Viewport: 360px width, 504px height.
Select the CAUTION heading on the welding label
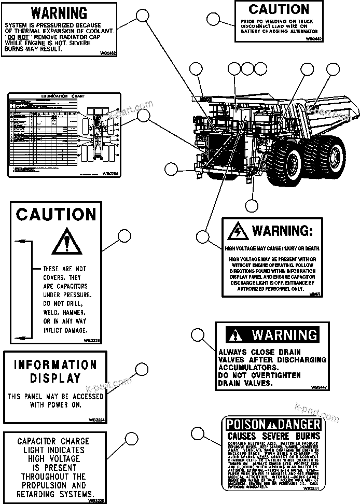click(x=279, y=9)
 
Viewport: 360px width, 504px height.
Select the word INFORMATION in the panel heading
click(x=55, y=365)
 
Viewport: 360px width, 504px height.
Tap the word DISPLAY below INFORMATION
click(x=55, y=378)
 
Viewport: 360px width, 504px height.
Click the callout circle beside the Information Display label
click(x=142, y=369)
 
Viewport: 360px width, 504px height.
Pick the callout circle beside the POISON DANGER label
click(x=197, y=433)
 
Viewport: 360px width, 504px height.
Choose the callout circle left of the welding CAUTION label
click(x=213, y=20)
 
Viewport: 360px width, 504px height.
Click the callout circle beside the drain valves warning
click(x=198, y=334)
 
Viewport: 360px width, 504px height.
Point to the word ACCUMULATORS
click(x=248, y=367)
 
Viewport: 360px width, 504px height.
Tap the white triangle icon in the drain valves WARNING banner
click(x=237, y=335)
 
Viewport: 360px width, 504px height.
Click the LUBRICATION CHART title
click(x=64, y=97)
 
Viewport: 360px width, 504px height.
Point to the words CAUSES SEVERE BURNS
click(x=271, y=437)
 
